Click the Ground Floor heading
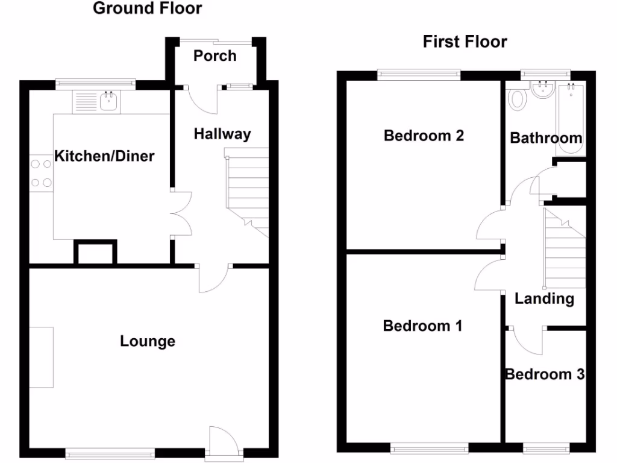[x=148, y=8]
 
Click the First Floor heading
[x=465, y=42]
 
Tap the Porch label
[x=215, y=56]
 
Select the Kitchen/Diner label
[x=105, y=157]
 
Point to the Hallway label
[x=222, y=134]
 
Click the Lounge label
[x=148, y=341]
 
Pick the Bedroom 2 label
[x=424, y=135]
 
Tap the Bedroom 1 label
[x=422, y=326]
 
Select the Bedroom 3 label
[x=545, y=374]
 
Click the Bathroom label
[x=546, y=138]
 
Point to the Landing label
[x=544, y=298]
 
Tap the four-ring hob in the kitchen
[x=41, y=172]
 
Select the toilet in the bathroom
[x=517, y=98]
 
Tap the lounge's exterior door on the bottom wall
[x=223, y=443]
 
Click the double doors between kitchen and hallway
[x=181, y=215]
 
